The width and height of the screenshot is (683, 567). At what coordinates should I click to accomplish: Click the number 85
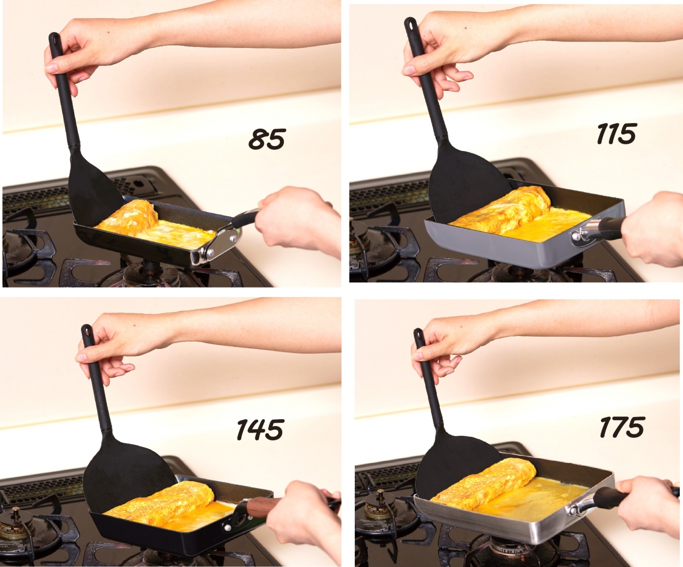coord(267,139)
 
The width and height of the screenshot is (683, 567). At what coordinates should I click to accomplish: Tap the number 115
coord(616,133)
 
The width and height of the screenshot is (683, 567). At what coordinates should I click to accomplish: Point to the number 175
coord(622,426)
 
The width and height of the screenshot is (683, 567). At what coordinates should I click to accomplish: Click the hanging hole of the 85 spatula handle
coord(54,39)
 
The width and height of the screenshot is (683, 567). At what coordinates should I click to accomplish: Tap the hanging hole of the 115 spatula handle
coord(410,24)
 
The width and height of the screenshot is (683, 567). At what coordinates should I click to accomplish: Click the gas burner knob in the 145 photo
coord(15,520)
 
